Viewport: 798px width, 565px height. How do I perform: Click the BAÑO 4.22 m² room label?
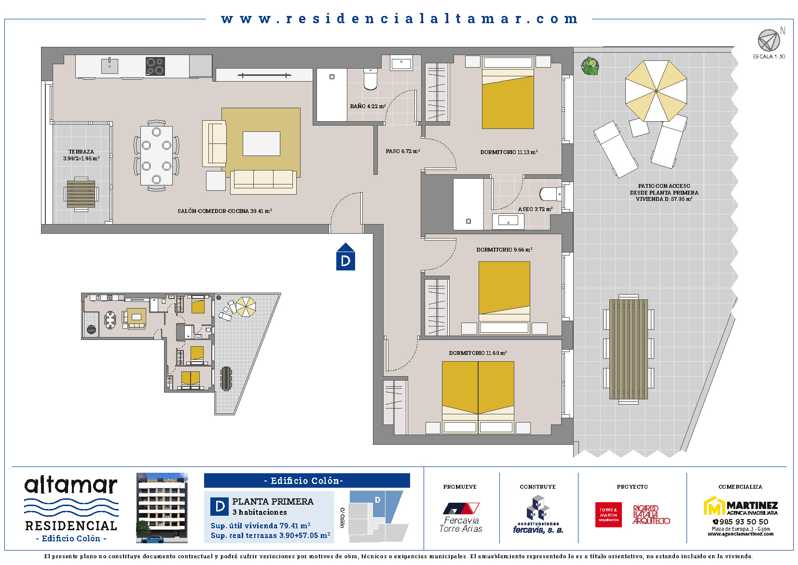tap(368, 106)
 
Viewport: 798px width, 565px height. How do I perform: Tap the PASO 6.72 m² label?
tap(402, 151)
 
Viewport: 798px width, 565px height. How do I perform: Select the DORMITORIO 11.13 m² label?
tap(509, 152)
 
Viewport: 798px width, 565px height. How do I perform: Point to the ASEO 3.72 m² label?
tap(535, 209)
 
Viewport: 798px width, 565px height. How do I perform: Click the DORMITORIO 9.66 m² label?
tap(504, 250)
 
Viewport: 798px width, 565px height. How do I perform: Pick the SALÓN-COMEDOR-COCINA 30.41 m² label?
tap(224, 211)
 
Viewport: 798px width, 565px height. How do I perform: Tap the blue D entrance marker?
tap(345, 256)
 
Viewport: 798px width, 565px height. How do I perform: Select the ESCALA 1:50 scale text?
tap(769, 56)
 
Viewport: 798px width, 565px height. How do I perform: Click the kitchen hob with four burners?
tap(155, 66)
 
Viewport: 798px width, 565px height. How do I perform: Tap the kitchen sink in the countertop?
tap(110, 66)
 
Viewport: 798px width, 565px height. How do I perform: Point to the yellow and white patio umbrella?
tap(656, 91)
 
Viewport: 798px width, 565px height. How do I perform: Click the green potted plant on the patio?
tap(590, 66)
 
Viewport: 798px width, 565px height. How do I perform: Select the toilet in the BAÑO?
tap(371, 79)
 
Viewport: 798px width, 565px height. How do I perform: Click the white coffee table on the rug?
tap(261, 143)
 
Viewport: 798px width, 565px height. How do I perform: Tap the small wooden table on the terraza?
tap(81, 194)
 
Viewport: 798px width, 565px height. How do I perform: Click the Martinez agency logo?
tap(740, 506)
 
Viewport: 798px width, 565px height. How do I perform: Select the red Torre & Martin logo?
tap(608, 515)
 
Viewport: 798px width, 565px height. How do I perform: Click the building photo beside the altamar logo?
tap(162, 508)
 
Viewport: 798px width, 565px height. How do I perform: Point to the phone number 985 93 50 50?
tap(741, 522)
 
